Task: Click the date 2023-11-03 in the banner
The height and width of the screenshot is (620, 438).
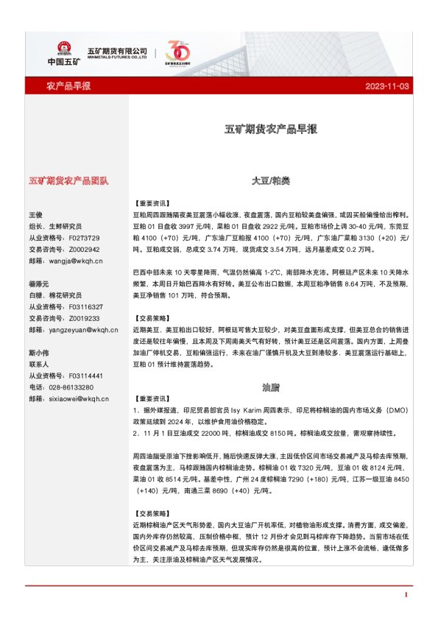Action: (387, 87)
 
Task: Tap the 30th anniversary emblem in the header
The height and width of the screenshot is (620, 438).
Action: (178, 53)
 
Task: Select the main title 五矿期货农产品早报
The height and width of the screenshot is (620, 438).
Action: (270, 130)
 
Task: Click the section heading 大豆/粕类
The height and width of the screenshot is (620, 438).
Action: (270, 180)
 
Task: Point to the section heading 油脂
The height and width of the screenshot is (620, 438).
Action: (270, 387)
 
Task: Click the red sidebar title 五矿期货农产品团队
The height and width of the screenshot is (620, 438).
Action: (68, 180)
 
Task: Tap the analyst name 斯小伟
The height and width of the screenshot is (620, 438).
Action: (38, 353)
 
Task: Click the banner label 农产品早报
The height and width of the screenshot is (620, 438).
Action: (68, 87)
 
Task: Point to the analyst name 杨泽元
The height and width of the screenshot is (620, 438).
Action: (38, 283)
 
